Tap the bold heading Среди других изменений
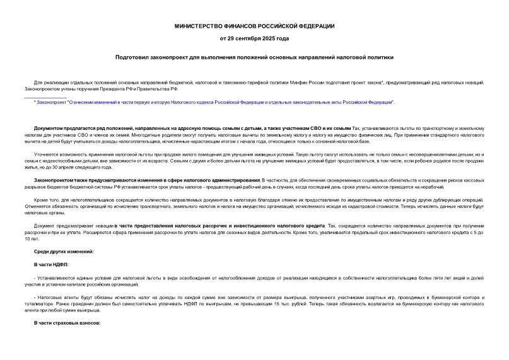pos(64,252)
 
